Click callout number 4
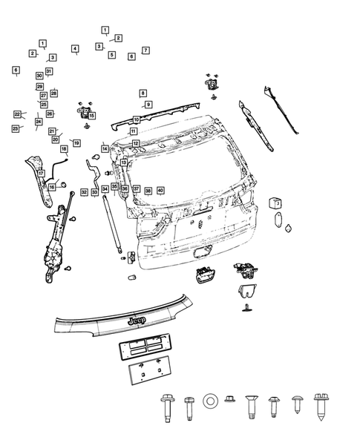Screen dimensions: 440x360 click(75, 49)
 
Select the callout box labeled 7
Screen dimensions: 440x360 click(145, 50)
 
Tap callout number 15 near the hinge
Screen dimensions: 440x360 click(91, 116)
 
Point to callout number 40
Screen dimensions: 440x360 click(160, 191)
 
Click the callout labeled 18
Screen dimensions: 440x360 click(64, 149)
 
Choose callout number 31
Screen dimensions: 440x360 click(49, 71)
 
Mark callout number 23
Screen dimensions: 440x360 click(15, 128)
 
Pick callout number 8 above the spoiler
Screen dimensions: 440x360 click(143, 93)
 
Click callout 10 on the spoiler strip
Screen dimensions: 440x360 click(136, 119)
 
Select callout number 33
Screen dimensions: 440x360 click(94, 192)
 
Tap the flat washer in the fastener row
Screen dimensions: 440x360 click(210, 401)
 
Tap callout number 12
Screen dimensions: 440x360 click(136, 142)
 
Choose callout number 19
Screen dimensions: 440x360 click(76, 142)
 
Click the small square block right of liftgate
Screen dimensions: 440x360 click(273, 202)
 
